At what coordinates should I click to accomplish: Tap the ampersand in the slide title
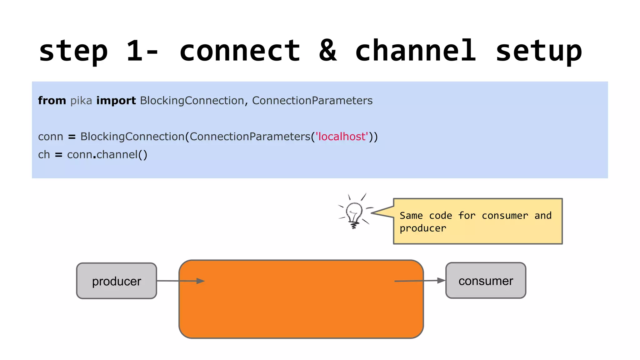point(328,51)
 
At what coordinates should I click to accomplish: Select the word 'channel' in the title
point(416,51)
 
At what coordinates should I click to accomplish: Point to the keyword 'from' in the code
point(52,101)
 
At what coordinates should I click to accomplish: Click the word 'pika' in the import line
point(81,101)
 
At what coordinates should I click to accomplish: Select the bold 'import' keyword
point(116,101)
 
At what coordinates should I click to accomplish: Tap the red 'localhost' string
point(342,137)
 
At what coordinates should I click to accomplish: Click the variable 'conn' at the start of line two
point(51,137)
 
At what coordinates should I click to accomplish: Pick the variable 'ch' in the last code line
point(44,155)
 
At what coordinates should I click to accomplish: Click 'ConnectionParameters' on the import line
point(312,101)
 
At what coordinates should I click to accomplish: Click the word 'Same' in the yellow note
point(411,216)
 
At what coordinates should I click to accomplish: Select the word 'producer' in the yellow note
point(422,228)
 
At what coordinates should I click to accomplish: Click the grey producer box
point(117,281)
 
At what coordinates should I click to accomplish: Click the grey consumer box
point(486,281)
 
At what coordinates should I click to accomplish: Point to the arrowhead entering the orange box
point(201,281)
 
